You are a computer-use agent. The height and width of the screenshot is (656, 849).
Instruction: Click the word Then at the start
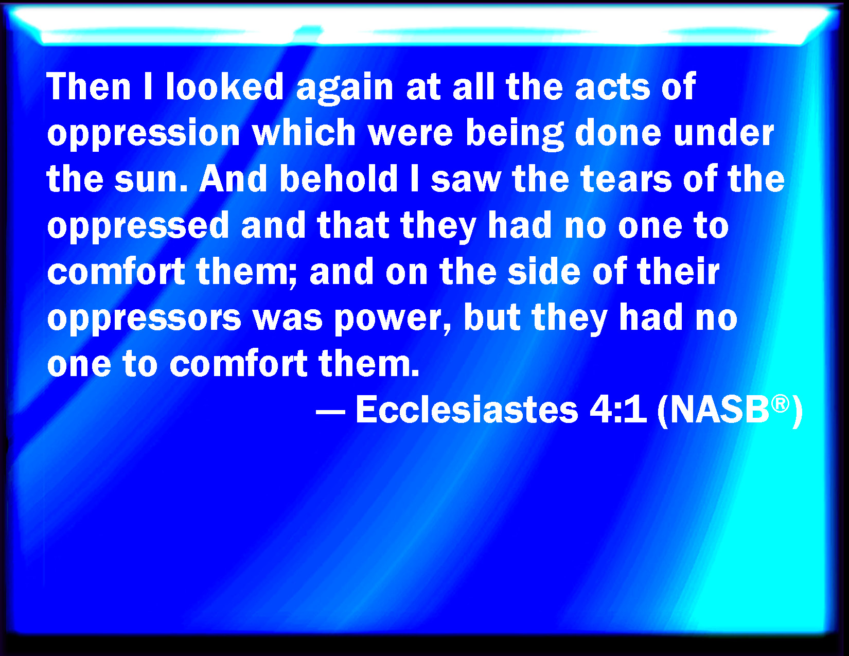click(x=89, y=86)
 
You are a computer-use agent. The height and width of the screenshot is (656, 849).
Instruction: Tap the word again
click(x=345, y=89)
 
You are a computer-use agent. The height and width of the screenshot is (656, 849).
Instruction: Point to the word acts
click(x=612, y=87)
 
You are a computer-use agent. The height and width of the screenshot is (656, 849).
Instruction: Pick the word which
click(x=304, y=132)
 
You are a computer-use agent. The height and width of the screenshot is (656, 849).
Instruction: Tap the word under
click(x=724, y=132)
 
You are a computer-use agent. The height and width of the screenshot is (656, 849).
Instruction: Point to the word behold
click(x=339, y=179)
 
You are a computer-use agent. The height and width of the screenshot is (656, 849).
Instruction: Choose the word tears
click(x=626, y=180)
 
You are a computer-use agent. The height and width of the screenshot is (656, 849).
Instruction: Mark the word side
click(x=544, y=271)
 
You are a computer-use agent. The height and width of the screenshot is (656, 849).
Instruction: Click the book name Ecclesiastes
click(x=467, y=410)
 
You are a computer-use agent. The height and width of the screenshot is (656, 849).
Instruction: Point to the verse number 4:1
click(x=618, y=410)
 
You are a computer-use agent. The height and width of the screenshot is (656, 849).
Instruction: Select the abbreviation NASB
click(x=720, y=410)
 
